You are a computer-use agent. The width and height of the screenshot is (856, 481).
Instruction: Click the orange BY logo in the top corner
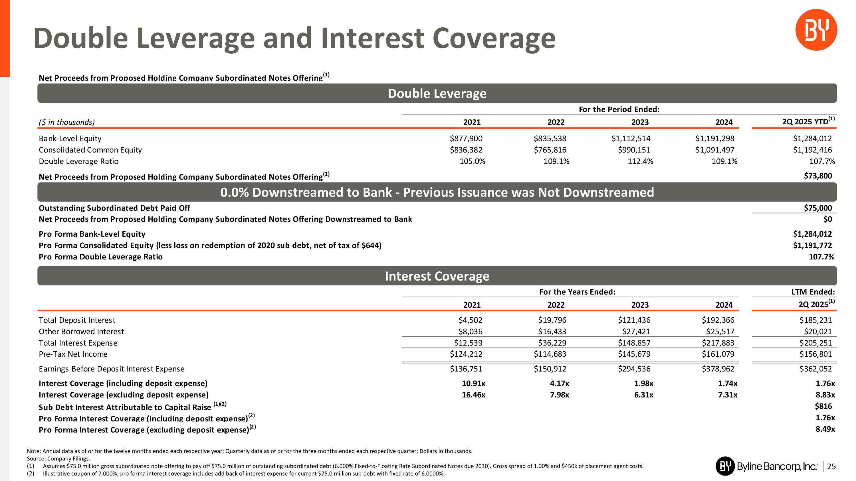coord(816,30)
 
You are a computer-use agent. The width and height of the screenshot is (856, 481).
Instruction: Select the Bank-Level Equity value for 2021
coord(466,138)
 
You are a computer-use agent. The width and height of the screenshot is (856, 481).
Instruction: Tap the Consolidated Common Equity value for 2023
coord(634,150)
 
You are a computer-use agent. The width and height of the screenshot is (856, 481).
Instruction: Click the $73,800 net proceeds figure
coord(818,176)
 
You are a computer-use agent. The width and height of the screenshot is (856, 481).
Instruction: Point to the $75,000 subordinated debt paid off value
coord(818,208)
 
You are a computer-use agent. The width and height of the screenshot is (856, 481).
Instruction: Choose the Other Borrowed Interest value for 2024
coord(720,332)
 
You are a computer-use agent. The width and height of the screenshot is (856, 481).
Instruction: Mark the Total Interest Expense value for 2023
coord(634,343)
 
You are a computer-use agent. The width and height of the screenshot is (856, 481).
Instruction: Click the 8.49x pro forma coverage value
coord(825,429)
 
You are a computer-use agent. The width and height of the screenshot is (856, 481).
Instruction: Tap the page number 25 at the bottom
coord(831,466)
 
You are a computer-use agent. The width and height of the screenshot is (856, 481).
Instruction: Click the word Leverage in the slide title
coord(195,38)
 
